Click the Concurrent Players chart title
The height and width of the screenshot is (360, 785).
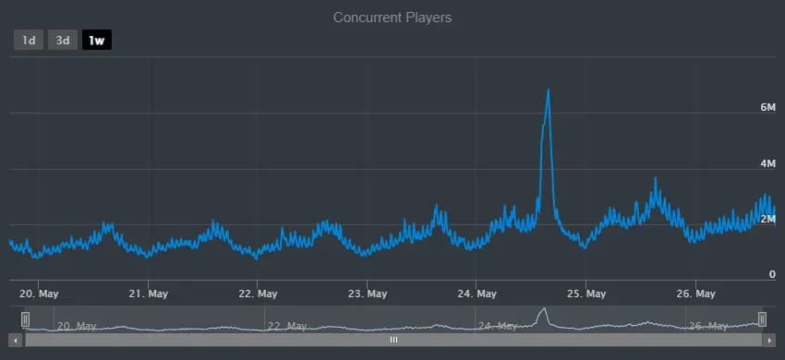tap(392, 18)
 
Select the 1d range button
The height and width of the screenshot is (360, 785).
tap(29, 41)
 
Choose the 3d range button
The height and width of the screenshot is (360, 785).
tap(63, 41)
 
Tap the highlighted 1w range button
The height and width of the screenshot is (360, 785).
tap(96, 41)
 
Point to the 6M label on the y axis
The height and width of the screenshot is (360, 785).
tap(767, 108)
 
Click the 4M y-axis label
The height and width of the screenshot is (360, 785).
tap(767, 163)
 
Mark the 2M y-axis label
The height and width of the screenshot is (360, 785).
tap(767, 219)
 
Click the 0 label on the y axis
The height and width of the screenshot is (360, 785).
tap(772, 274)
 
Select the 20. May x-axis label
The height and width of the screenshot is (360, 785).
tap(40, 294)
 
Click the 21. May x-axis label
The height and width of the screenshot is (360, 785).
tap(148, 294)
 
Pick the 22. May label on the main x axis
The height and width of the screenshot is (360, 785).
tap(258, 294)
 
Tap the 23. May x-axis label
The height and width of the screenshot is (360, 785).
tap(367, 294)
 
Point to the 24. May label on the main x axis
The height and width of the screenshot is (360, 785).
tap(477, 294)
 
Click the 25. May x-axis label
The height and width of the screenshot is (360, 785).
tap(586, 294)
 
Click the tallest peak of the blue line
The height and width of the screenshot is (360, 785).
tap(549, 90)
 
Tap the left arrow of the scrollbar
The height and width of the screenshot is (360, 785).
tap(17, 340)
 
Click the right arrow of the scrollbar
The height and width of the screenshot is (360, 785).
tap(768, 340)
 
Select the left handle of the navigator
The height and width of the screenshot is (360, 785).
tap(26, 319)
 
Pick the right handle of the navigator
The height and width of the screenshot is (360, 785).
tap(762, 319)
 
